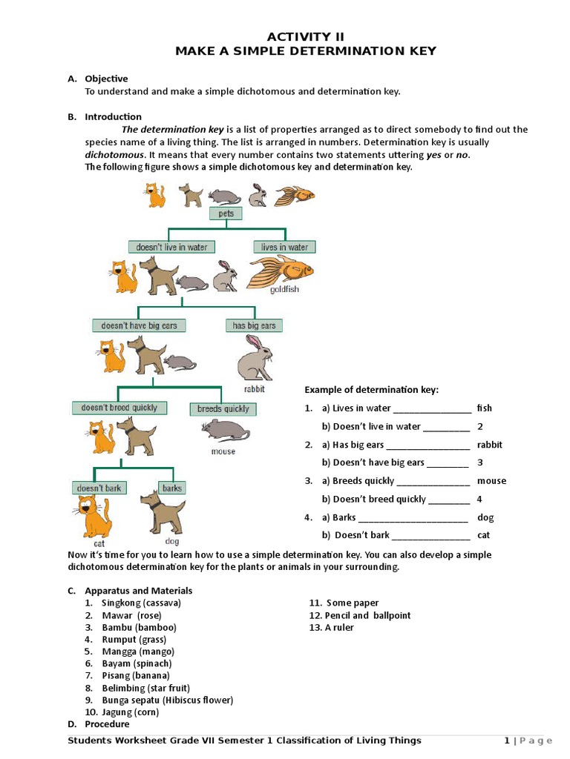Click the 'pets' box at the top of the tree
tap(226, 213)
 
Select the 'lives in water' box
tap(284, 247)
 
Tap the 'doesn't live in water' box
tap(171, 247)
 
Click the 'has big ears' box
tap(254, 325)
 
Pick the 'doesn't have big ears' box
tap(139, 325)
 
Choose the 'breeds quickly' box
tap(223, 408)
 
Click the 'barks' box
tap(171, 488)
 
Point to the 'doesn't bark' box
tap(99, 488)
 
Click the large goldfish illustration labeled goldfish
tap(280, 271)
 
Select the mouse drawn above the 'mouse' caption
tap(225, 431)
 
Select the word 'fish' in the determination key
tap(484, 408)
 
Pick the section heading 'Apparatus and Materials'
tap(139, 591)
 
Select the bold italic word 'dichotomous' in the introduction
tap(113, 155)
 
